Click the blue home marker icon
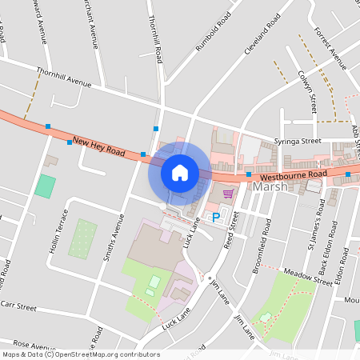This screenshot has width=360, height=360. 180,172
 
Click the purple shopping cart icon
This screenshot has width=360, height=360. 228,194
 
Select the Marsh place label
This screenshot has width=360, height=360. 269,186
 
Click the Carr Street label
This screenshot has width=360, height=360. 18,306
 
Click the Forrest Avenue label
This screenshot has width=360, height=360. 327,47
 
